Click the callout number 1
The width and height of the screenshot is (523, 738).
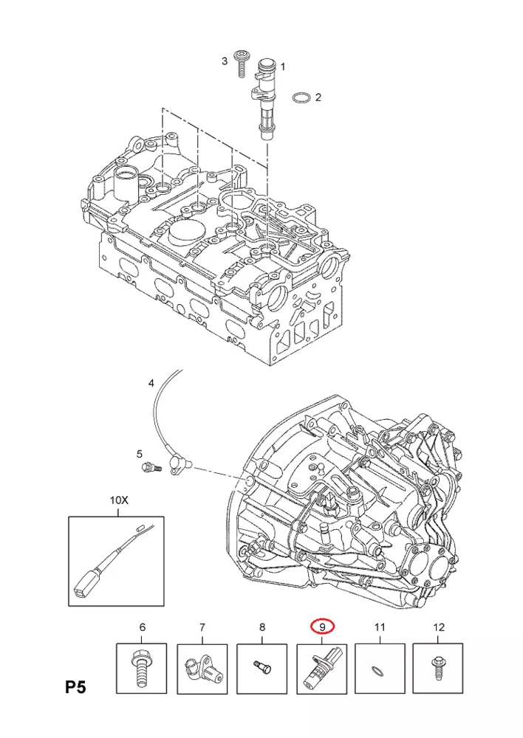pyautogui.click(x=281, y=67)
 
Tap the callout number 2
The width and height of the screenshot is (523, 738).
pyautogui.click(x=318, y=97)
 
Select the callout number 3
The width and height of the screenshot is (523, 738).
pyautogui.click(x=225, y=61)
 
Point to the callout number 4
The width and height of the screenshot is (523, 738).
pyautogui.click(x=151, y=383)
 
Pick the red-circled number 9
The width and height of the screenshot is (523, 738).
pyautogui.click(x=321, y=627)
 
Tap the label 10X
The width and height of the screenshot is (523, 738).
pyautogui.click(x=119, y=500)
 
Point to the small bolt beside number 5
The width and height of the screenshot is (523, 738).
pyautogui.click(x=151, y=466)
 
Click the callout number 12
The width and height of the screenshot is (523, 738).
pyautogui.click(x=439, y=627)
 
